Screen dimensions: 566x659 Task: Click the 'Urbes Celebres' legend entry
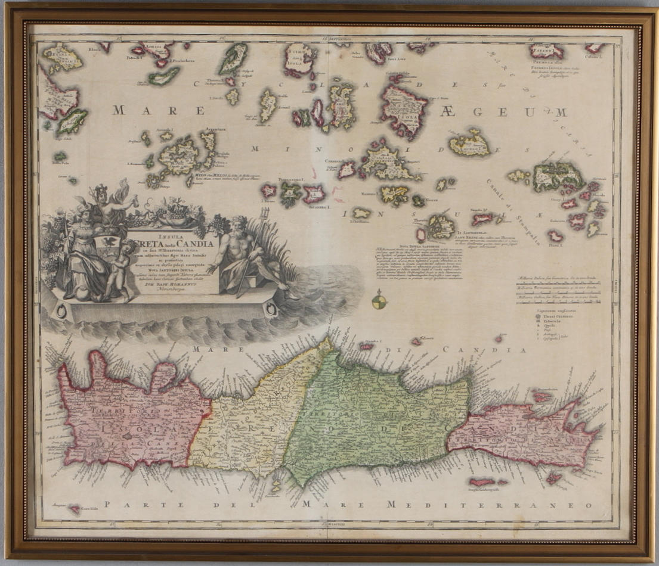[x=557, y=317]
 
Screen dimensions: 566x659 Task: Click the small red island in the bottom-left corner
[x=75, y=509]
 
